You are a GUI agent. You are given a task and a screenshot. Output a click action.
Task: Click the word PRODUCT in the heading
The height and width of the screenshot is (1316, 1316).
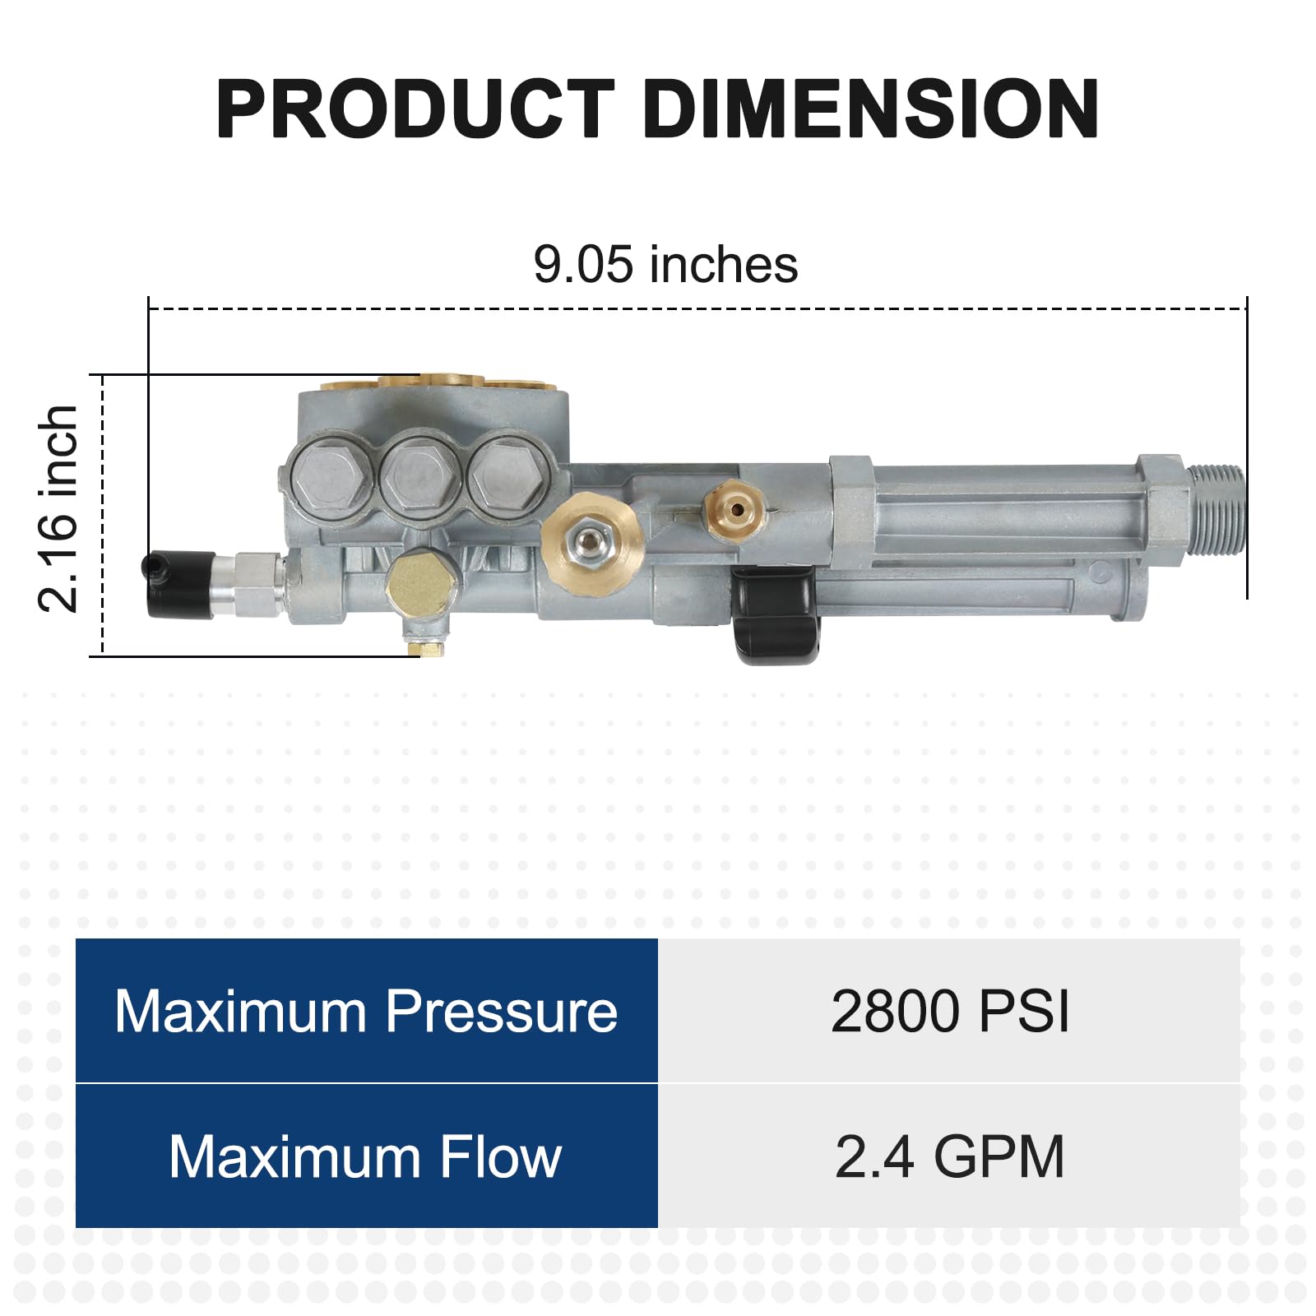[415, 109]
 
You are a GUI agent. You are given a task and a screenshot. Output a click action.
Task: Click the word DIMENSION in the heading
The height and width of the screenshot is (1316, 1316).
[871, 109]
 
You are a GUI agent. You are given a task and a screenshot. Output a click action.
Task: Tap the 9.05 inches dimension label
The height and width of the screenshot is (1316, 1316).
[665, 264]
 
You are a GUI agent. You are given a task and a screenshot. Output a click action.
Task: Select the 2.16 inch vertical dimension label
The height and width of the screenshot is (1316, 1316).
[58, 508]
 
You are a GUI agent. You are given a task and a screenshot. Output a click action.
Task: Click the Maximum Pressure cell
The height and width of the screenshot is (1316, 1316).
[366, 1011]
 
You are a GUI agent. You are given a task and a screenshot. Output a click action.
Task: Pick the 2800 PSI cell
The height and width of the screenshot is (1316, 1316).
[949, 1011]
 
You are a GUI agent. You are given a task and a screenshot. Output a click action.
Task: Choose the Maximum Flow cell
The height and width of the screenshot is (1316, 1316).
[366, 1156]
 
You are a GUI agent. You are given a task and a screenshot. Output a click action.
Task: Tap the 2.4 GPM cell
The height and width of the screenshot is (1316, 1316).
[949, 1156]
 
